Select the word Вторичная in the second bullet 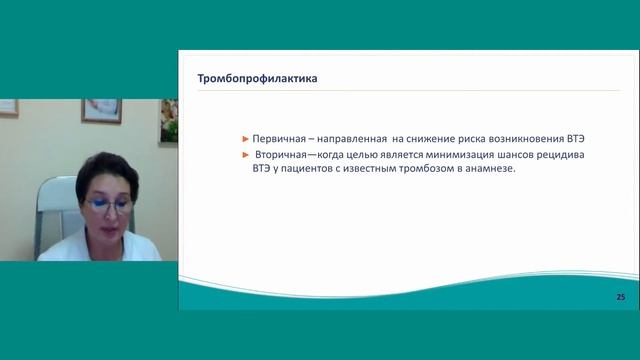point(284,155)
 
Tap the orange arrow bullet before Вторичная point(245,155)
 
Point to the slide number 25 point(620,298)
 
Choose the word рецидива point(581,155)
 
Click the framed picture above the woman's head point(100,110)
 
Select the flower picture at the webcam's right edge point(170,119)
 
